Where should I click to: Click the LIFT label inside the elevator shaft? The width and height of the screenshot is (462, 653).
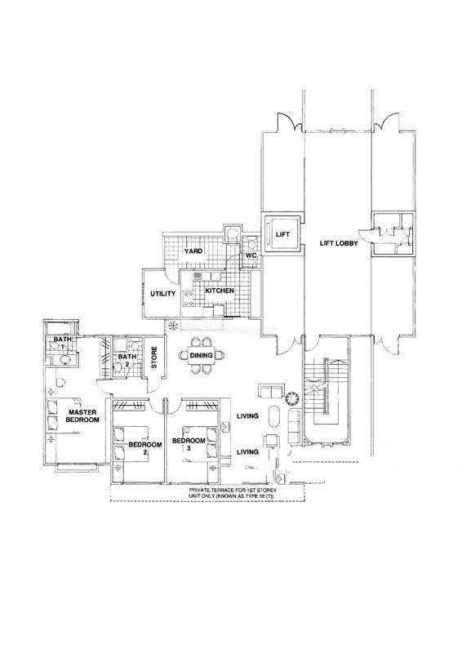point(282,234)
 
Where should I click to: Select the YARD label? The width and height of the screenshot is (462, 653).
point(193,251)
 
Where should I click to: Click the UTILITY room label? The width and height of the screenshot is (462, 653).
point(163,294)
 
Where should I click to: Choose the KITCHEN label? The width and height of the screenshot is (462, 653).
point(219,291)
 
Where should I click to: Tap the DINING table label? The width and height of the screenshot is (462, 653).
point(202,355)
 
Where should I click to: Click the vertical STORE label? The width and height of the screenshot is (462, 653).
point(153,358)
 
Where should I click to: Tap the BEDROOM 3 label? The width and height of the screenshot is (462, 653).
point(189,444)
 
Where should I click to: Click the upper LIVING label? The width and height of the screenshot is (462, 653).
point(247,416)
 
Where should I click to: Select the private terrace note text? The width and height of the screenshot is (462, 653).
point(233,493)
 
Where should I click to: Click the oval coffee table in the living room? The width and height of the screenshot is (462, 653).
point(274,416)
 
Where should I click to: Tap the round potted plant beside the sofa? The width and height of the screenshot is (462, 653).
point(292,398)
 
